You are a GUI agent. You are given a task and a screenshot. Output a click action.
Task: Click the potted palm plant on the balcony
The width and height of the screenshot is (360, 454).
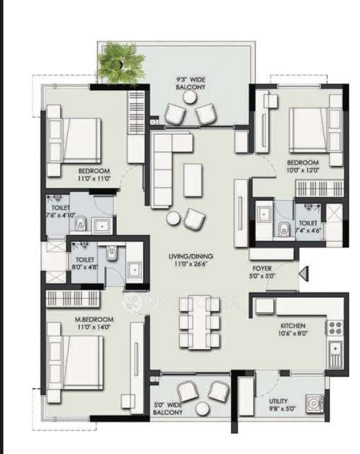120,62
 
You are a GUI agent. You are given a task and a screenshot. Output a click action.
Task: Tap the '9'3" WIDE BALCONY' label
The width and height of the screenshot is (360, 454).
191,83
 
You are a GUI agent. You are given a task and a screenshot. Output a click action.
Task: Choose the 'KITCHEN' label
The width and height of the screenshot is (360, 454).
293,328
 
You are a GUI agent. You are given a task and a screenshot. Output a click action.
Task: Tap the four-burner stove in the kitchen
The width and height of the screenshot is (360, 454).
334,328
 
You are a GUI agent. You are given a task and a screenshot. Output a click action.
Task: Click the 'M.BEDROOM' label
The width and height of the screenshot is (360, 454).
94,323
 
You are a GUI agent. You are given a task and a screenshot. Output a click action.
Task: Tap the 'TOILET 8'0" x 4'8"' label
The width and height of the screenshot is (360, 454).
84,264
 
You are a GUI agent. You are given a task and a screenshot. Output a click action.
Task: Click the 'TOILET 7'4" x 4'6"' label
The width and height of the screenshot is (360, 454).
310,226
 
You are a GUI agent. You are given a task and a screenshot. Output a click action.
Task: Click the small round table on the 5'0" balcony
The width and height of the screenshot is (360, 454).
203,409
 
